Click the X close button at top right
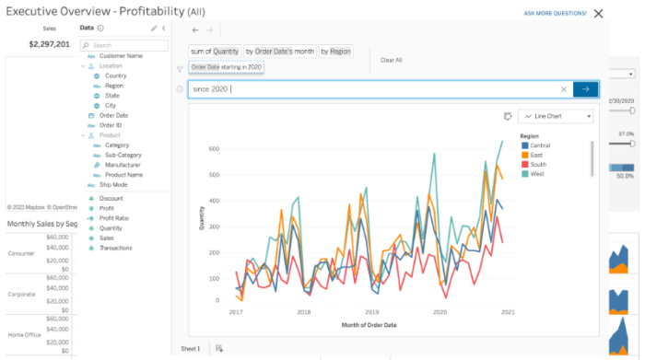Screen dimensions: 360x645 coord(599,14)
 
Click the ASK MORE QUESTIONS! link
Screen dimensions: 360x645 coord(555,14)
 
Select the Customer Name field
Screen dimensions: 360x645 coord(121,55)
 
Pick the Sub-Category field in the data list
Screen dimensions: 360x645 coord(123,155)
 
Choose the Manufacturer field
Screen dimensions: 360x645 coord(123,165)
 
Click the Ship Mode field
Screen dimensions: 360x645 coord(113,185)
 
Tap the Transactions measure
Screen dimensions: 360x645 coord(116,248)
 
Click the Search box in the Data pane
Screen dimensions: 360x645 coord(128,44)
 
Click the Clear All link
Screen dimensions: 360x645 coord(392,60)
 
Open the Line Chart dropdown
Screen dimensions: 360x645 coord(557,116)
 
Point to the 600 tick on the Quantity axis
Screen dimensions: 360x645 coord(213,148)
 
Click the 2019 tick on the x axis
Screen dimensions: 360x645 coord(371,313)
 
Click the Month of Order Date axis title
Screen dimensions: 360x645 coord(369,325)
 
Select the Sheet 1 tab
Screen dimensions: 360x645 coord(191,349)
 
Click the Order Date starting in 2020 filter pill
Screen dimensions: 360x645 coord(227,67)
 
